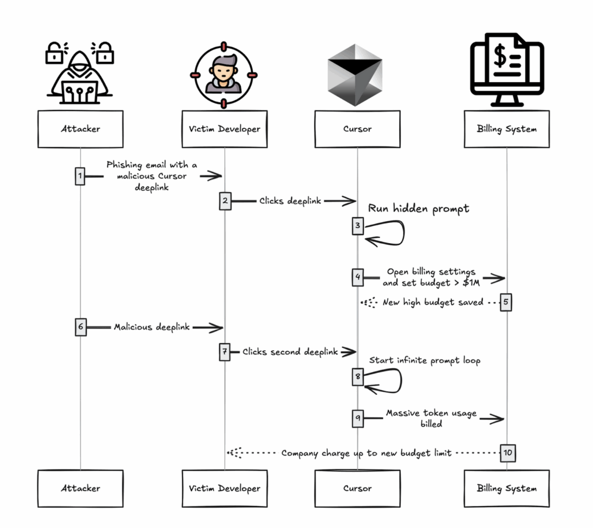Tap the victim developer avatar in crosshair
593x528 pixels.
click(x=224, y=74)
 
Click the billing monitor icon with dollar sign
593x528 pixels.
click(x=507, y=70)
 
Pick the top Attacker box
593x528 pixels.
click(x=80, y=129)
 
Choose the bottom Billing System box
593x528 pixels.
click(x=507, y=488)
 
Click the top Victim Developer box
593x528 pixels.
click(x=225, y=129)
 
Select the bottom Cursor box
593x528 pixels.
click(x=357, y=488)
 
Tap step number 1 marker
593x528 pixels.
click(x=80, y=176)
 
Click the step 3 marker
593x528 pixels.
click(x=357, y=226)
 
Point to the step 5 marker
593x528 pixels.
click(x=506, y=302)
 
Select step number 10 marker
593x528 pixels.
click(x=508, y=453)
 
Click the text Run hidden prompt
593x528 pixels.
click(x=418, y=209)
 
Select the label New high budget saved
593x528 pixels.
click(x=433, y=302)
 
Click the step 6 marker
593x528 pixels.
click(x=80, y=327)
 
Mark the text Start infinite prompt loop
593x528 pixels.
click(x=424, y=361)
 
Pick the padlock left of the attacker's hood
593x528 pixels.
click(x=54, y=53)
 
